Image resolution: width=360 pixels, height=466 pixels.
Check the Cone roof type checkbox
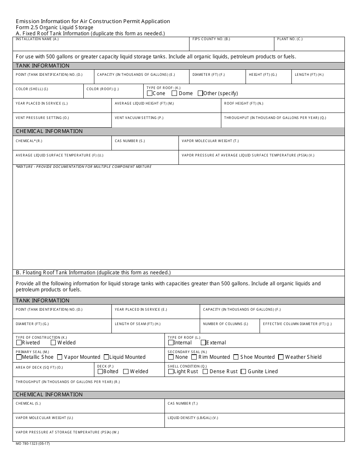tap(150, 93)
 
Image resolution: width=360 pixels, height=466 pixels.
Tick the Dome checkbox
tap(174, 93)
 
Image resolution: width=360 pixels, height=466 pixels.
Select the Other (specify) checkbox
tap(200, 93)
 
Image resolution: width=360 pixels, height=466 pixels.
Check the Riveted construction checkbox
tap(19, 342)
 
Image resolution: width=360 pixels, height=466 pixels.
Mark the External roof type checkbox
tap(203, 342)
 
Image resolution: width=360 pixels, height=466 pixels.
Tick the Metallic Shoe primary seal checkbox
tap(19, 357)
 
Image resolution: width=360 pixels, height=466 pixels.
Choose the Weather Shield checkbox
tap(281, 357)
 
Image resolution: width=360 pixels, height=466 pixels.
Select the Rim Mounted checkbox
tap(194, 357)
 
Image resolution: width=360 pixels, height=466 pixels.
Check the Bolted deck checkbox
tap(100, 371)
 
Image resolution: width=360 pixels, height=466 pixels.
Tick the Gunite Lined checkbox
tap(243, 371)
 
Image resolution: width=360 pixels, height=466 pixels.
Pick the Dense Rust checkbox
tap(205, 371)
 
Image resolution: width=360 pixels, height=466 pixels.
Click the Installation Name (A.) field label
tap(37, 39)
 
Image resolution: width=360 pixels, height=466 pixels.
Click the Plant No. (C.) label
tap(290, 39)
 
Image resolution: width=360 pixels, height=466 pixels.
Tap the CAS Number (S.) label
tap(130, 141)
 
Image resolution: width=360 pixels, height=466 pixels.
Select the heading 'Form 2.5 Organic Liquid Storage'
tap(54, 27)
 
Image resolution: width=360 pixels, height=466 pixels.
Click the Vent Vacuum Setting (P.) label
tap(139, 118)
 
